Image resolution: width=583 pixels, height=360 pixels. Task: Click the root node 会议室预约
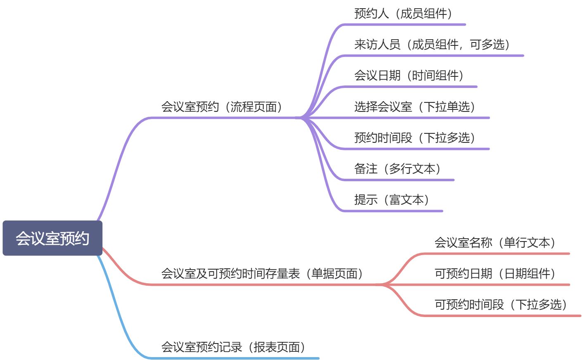coord(52,238)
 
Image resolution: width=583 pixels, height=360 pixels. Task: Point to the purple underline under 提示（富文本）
coord(392,211)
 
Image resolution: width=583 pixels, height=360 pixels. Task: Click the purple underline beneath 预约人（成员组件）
coord(405,25)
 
